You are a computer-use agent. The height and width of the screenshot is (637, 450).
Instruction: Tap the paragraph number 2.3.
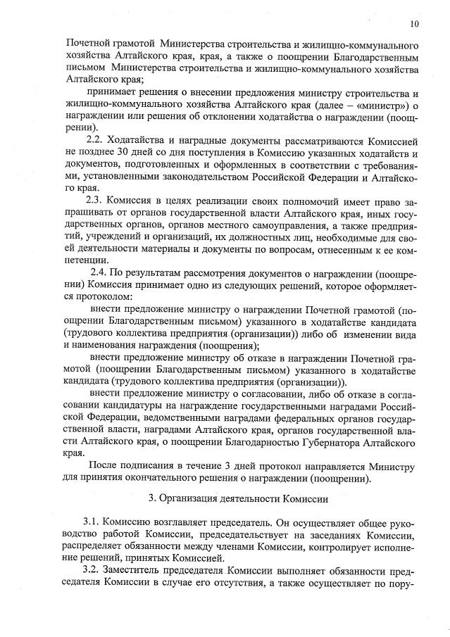tap(95, 199)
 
